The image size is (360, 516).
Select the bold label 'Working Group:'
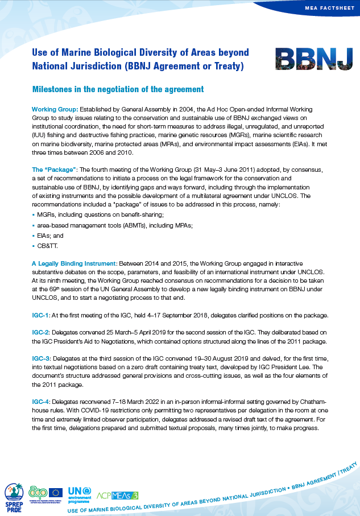tap(55, 109)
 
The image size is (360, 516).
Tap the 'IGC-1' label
tap(42, 315)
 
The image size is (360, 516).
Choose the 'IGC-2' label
tap(42, 332)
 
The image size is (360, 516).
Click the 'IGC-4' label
tap(42, 402)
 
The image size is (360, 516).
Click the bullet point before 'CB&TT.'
tap(34, 247)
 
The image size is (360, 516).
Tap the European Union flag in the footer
tap(56, 493)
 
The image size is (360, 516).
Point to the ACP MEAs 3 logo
tap(118, 496)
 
